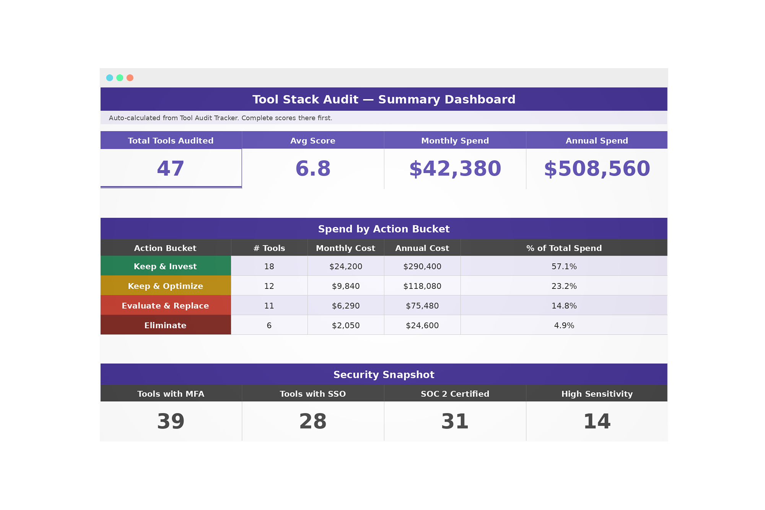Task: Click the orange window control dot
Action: point(130,78)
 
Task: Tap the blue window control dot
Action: point(109,78)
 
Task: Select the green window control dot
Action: point(120,78)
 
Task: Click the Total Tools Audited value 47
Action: point(171,169)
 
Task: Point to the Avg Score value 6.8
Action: point(313,169)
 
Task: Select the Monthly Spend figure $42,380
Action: point(455,169)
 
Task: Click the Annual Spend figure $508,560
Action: point(597,169)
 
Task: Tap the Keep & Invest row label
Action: point(165,266)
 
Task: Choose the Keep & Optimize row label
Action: point(165,286)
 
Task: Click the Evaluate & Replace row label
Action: point(165,306)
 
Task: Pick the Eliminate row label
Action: point(165,325)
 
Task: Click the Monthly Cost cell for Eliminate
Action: point(346,325)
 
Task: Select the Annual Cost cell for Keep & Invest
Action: point(422,266)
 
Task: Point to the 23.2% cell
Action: point(564,286)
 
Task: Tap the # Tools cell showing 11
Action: point(269,306)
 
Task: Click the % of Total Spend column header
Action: point(564,248)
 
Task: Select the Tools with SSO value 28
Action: point(313,421)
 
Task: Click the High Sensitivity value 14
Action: point(597,421)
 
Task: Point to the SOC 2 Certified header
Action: point(455,394)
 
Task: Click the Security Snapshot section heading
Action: point(384,375)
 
